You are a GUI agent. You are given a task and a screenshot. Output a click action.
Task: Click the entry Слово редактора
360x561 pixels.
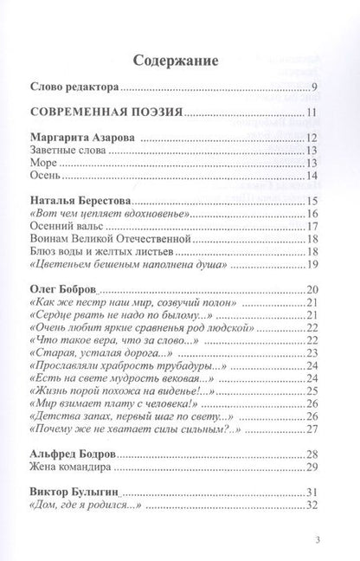click(74, 86)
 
